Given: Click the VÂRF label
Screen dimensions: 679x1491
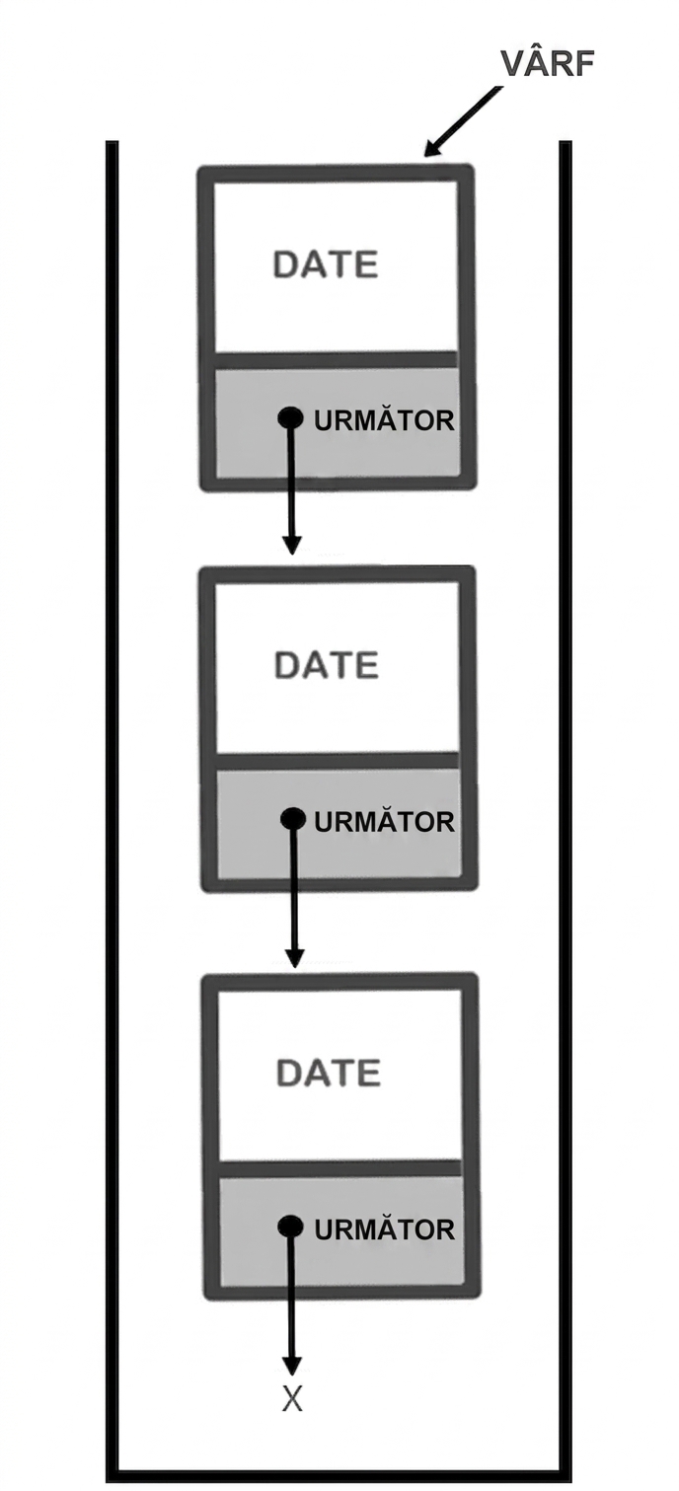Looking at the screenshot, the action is pos(547,62).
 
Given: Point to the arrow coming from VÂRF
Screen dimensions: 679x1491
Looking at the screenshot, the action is pos(463,121).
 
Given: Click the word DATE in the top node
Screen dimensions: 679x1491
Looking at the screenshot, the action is pos(326,264).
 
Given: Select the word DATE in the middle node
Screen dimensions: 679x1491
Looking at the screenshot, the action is pos(327,665).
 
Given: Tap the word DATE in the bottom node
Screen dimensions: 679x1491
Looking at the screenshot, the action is pos(329,1073).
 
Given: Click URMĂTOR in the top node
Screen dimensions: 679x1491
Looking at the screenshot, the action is pos(384,420).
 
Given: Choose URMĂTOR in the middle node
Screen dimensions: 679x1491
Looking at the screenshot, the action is pos(385,822).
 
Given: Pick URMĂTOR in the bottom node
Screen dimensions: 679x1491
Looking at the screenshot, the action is pos(385,1230).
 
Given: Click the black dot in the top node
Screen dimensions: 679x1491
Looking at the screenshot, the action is pos(291,418).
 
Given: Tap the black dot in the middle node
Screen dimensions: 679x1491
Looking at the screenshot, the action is pos(293,819).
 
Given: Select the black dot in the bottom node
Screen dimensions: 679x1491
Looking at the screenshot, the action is pos(291,1227).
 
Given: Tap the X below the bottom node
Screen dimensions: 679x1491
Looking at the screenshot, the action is pos(292,1399).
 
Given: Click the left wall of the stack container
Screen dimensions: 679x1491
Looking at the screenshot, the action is pos(113,812).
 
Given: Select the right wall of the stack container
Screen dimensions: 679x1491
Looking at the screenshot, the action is pos(566,812).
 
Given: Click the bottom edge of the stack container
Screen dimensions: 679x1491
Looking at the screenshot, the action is pos(339,1477).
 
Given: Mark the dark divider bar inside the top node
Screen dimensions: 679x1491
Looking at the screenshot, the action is pos(337,359).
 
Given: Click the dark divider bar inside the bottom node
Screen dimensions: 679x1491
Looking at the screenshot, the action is pos(340,1169).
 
